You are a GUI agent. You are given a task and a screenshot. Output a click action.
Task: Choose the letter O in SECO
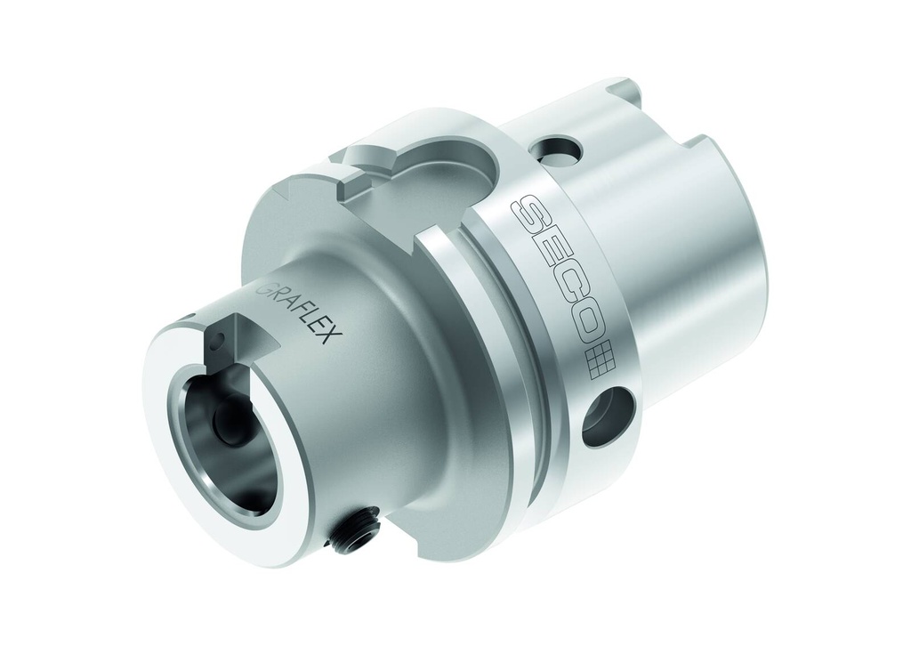(x=583, y=326)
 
